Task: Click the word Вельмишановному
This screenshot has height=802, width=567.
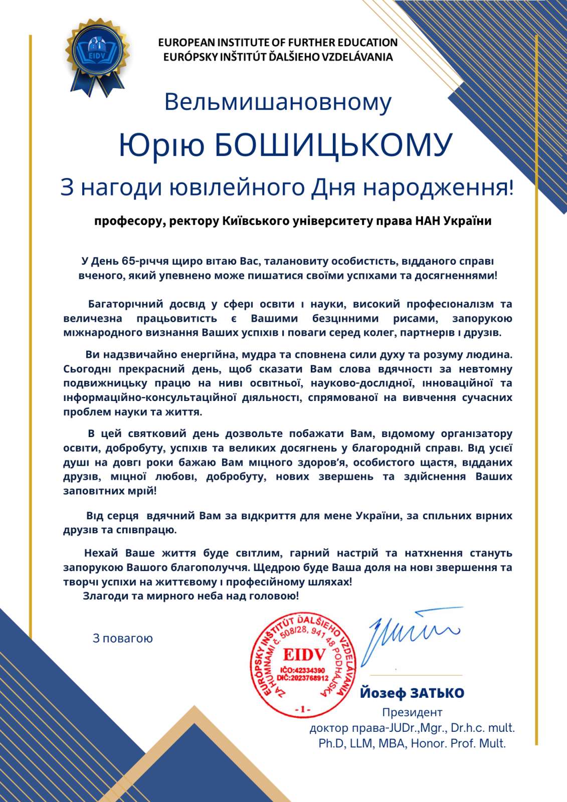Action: pos(278,102)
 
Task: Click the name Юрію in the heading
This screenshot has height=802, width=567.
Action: pos(161,145)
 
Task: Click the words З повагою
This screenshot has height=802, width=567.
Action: pos(123,639)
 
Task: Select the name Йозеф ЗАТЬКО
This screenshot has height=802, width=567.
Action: pos(412,693)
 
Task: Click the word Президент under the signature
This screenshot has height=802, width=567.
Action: pos(412,712)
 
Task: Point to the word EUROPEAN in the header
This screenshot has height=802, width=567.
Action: pos(186,43)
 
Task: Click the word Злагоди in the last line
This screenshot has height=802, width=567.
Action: pos(104,596)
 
